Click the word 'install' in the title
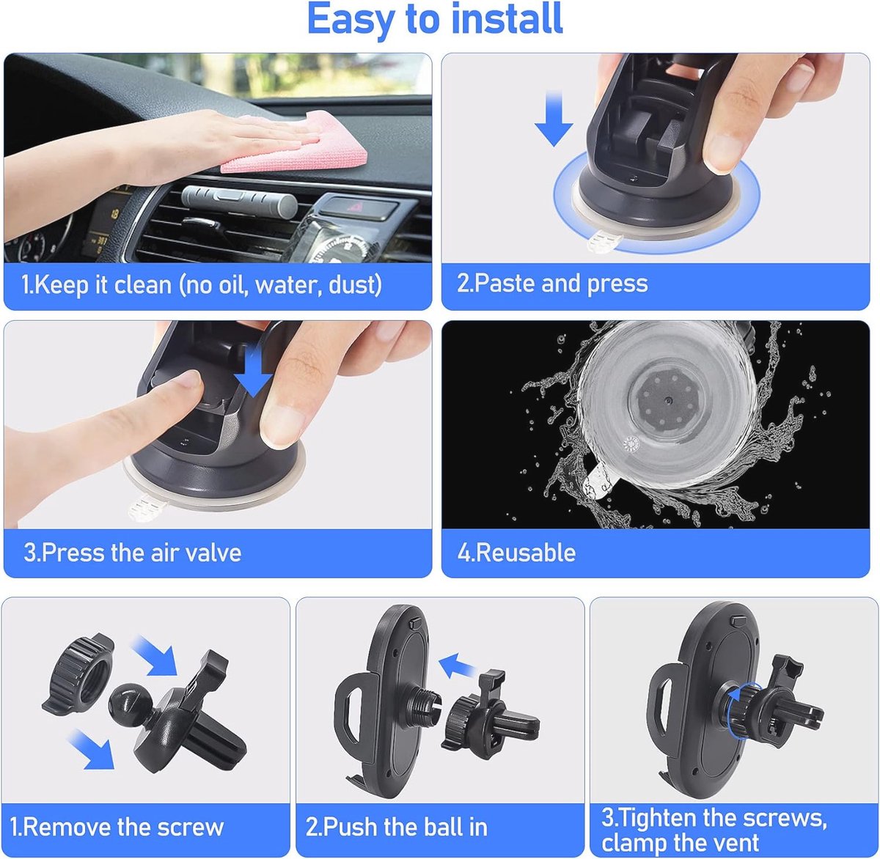[507, 19]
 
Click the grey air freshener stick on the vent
[239, 201]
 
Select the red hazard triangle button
[353, 207]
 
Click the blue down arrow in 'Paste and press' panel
[554, 118]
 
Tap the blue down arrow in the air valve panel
[253, 371]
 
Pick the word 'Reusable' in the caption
[526, 553]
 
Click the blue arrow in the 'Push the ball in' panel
[457, 666]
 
